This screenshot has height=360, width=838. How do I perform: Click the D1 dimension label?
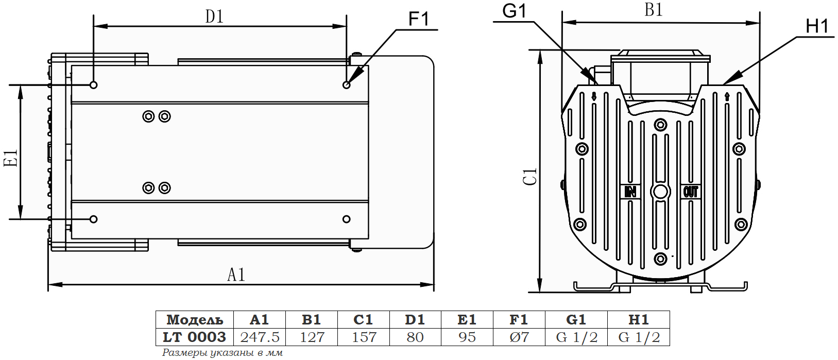tap(215, 16)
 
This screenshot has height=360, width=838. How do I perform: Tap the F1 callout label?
tap(418, 20)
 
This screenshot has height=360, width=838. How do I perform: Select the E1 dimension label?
tap(11, 158)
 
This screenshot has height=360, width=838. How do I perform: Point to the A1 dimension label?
tap(236, 275)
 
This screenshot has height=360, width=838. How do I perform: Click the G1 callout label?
tap(514, 11)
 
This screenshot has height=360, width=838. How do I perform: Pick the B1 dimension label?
tap(654, 10)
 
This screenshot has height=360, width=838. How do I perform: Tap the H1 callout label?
tap(817, 26)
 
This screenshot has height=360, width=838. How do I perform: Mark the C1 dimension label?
tap(530, 177)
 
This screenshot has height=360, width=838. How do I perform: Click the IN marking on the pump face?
tap(630, 192)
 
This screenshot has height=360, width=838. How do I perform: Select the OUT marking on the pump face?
tap(691, 192)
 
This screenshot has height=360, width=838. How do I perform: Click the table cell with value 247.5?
tap(260, 337)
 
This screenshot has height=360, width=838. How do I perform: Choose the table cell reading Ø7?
tap(519, 337)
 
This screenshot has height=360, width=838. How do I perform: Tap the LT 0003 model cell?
tap(195, 337)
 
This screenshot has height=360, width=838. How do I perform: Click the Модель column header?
tap(195, 320)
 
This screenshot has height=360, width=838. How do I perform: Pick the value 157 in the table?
tap(364, 337)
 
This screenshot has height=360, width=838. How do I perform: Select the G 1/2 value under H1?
tap(639, 337)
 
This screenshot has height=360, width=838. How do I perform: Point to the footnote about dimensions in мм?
tap(223, 353)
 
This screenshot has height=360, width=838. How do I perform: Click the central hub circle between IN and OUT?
tap(660, 192)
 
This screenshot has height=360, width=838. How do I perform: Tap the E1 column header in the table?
tap(467, 320)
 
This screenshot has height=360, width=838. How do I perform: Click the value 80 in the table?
tap(415, 337)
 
